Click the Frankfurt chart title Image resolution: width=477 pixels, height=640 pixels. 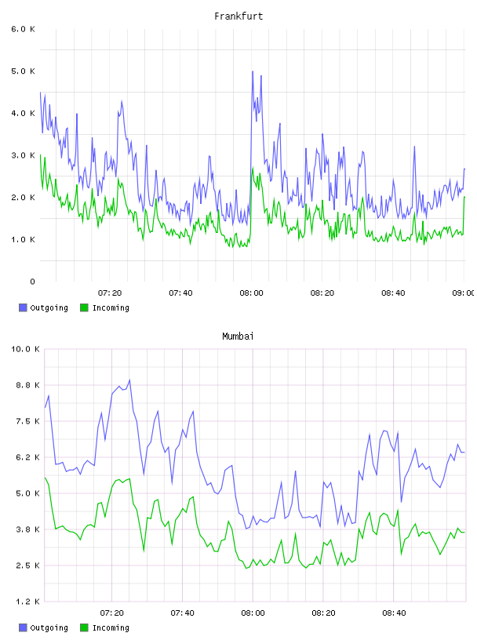coord(238,16)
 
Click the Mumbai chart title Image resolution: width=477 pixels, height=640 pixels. coord(238,336)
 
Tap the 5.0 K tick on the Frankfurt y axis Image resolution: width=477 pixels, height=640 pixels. coord(24,71)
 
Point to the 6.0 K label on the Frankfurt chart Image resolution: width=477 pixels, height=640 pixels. coord(24,29)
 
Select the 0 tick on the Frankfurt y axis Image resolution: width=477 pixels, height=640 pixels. coord(33,282)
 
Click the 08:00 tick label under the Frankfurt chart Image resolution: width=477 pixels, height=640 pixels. coord(251,293)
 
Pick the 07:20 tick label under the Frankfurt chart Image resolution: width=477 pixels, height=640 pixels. coord(110,293)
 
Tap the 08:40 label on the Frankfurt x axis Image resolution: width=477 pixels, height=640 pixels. coord(393,293)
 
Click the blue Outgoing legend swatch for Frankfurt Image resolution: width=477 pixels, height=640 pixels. coord(23,307)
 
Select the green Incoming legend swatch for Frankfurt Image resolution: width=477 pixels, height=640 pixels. coord(84,307)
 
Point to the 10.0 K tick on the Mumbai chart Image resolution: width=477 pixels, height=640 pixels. coord(25,349)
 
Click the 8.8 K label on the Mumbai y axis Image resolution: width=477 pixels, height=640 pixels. coord(27,385)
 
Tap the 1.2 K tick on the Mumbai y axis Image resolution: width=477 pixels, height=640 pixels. coord(27,602)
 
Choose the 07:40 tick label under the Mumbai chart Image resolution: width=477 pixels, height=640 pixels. coord(182,613)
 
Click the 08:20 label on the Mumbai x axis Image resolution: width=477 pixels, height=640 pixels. coord(323,613)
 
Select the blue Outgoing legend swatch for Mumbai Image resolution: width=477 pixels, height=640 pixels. coord(23,627)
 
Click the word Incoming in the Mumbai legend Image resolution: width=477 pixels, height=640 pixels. coord(111,628)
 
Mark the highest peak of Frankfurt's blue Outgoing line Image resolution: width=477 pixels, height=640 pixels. coord(253,71)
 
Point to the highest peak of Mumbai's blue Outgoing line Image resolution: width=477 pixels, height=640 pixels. coord(129,380)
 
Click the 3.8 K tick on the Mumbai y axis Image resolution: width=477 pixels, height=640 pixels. coord(27,529)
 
